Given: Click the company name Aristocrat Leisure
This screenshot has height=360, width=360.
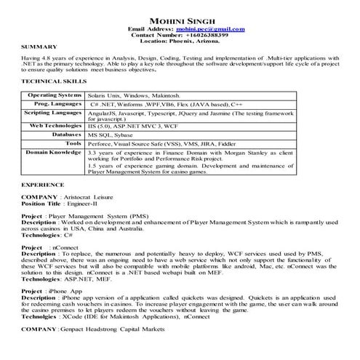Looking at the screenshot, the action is [95, 198].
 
